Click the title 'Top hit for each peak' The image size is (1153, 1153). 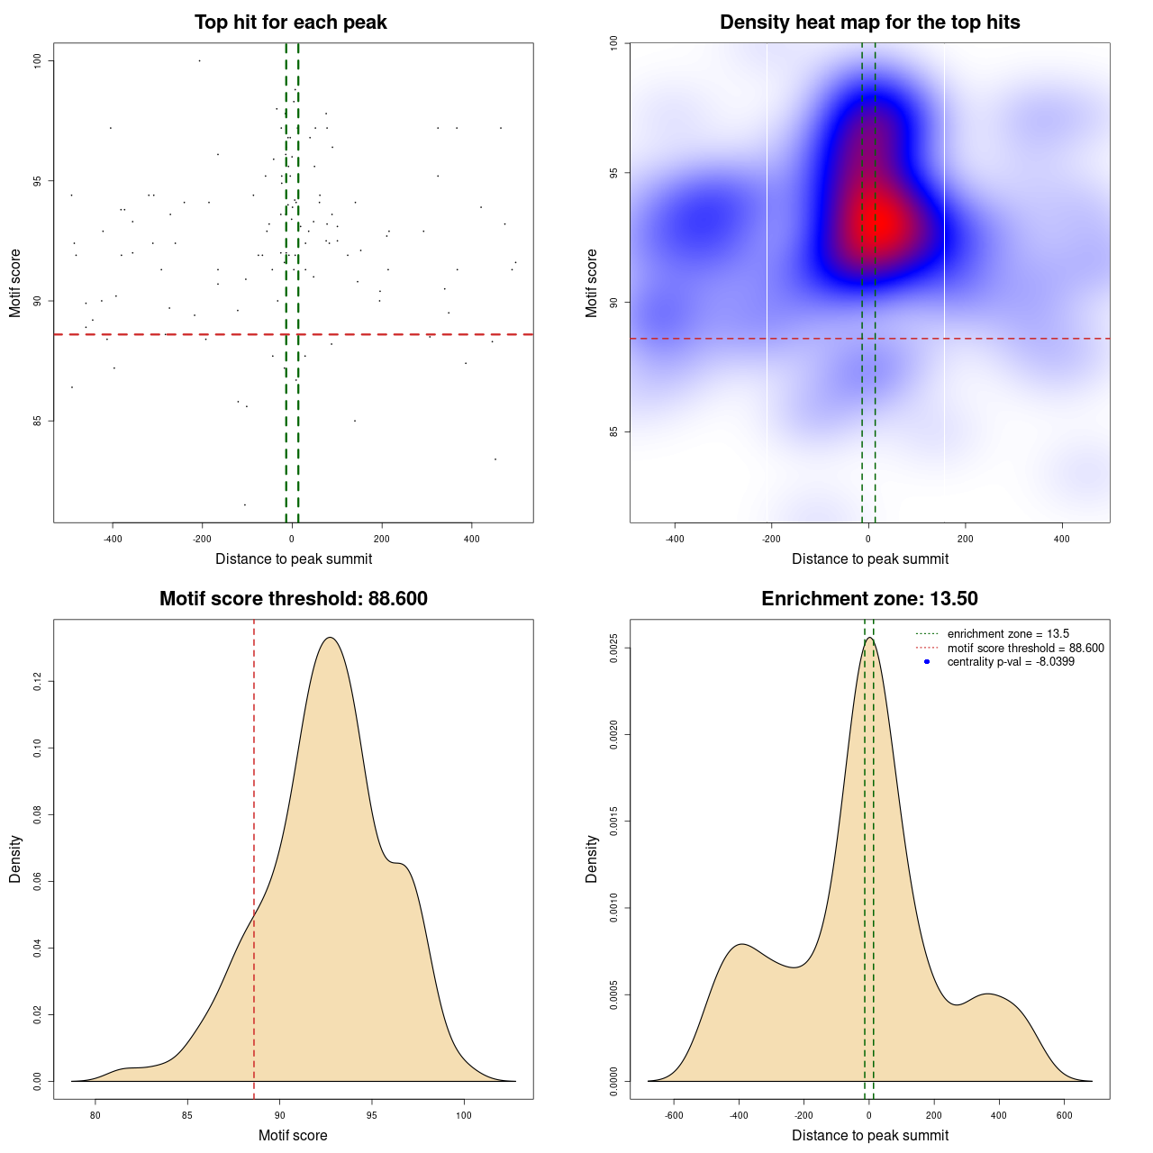click(290, 23)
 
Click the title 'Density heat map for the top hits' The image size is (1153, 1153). click(869, 23)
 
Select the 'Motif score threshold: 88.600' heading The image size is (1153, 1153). click(293, 599)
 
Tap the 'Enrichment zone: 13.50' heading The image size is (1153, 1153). click(869, 599)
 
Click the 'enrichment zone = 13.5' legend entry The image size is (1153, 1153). click(1008, 634)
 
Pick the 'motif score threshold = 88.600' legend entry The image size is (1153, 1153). click(1025, 649)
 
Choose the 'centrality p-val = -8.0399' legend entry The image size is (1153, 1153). click(1011, 662)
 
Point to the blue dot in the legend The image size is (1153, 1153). click(927, 662)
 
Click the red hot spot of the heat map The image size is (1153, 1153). click(884, 221)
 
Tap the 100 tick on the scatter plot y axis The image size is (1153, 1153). click(38, 60)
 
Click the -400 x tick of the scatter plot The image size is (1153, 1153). click(113, 539)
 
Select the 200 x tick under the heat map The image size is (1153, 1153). click(966, 539)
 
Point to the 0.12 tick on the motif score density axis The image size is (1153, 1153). click(38, 682)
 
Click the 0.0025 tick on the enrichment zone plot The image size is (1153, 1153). click(614, 649)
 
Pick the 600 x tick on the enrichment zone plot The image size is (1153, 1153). click(1064, 1115)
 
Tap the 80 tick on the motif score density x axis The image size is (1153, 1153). click(95, 1115)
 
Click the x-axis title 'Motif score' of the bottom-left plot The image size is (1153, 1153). click(293, 1136)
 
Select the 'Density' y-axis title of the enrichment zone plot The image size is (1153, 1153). click(592, 858)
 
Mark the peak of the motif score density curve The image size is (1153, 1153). click(331, 638)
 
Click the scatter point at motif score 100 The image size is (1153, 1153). click(199, 60)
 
